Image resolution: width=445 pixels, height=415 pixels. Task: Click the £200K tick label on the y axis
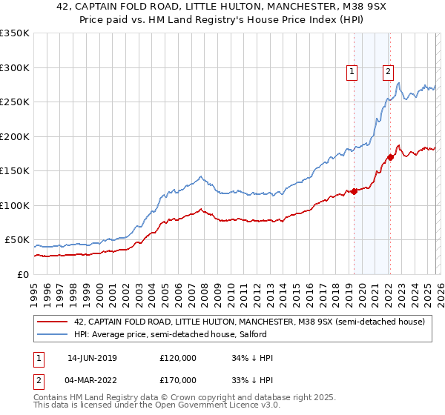click(15, 136)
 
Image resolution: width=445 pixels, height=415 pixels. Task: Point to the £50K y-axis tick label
click(17, 240)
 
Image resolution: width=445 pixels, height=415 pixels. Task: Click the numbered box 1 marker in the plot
click(352, 72)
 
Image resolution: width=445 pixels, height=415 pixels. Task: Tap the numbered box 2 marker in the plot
click(388, 72)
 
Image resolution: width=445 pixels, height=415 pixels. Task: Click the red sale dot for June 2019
click(354, 191)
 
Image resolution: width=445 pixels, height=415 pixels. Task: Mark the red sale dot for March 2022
click(390, 157)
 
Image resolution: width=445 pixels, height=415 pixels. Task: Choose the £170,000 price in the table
click(178, 379)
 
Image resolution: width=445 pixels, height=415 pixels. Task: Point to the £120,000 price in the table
click(178, 358)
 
